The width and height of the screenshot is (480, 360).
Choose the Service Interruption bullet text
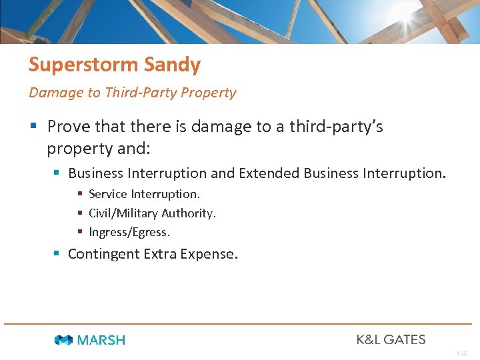coord(144,194)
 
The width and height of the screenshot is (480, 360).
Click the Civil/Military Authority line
coord(152,213)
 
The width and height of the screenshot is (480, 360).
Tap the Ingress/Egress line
coord(129,233)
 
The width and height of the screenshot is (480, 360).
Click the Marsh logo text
coord(101,340)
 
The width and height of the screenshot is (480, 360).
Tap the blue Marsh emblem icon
coord(64,340)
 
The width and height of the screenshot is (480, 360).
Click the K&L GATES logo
coord(391,339)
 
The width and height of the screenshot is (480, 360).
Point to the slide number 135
coord(462,353)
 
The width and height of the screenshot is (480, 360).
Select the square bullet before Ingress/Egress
coord(80,233)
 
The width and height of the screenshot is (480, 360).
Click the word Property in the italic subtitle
coord(209,93)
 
